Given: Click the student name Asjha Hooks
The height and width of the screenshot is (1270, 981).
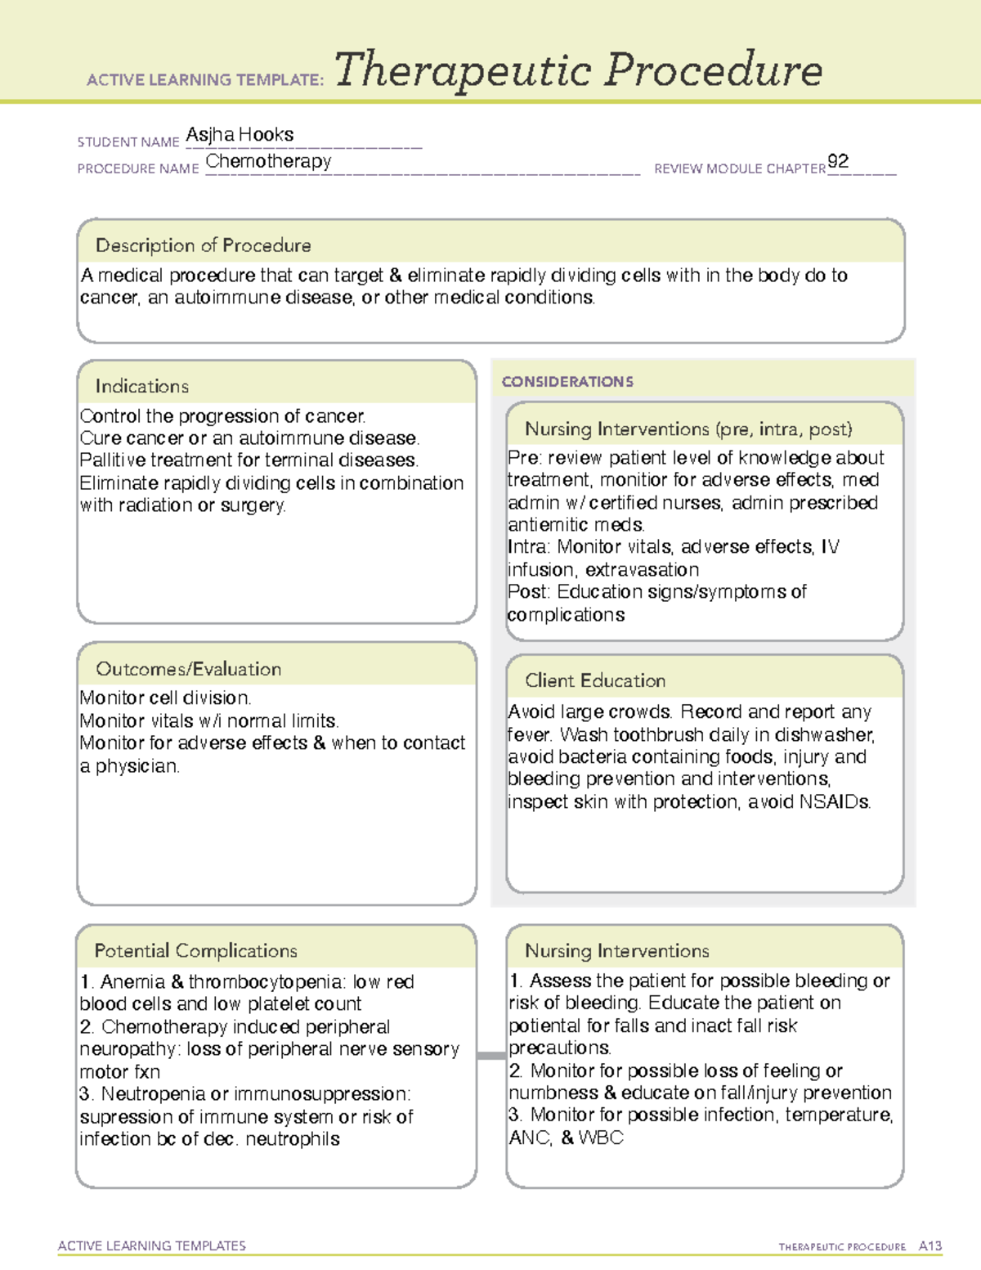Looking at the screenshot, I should pos(240,134).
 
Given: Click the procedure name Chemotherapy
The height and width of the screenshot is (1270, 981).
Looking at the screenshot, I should pos(268,161).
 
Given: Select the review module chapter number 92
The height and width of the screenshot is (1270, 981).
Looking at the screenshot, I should pos(838,161).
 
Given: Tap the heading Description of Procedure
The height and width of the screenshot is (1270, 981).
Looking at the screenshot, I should pos(203,245).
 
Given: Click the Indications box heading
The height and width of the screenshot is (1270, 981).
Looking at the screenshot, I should pos(141,386).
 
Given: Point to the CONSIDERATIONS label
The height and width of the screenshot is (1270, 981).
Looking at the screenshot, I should pos(567,382).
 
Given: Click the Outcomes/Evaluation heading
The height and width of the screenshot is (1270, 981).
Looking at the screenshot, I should pos(188,669).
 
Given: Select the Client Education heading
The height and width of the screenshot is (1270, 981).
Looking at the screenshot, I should pos(594,680).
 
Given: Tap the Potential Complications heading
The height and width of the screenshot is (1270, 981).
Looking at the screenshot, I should pos(195,950).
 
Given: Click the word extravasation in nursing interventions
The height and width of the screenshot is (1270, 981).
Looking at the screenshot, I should pos(642,570).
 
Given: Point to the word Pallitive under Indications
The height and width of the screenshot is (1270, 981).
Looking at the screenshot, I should pos(112,460).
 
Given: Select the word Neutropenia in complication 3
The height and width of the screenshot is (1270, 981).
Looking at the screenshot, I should pos(153,1094).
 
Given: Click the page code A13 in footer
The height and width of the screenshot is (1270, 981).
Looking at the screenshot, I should pos(930,1246).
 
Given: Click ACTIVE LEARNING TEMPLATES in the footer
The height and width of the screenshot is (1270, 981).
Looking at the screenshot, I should pos(151,1245).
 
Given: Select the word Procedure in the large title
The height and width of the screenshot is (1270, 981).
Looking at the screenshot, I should pos(713,70).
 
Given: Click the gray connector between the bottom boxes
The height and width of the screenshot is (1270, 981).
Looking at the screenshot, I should pos(491,1056).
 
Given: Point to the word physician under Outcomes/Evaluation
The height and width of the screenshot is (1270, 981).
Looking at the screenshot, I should pos(137,766).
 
